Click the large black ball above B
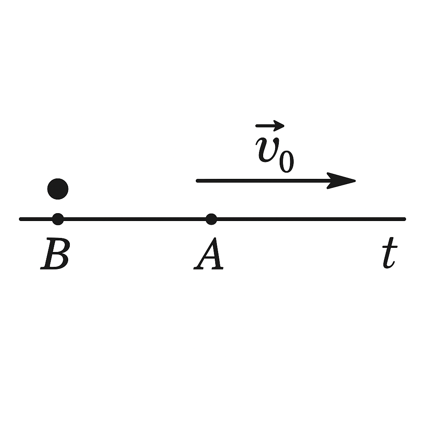[58, 189]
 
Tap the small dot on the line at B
[58, 219]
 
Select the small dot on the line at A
[211, 219]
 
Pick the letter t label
[390, 255]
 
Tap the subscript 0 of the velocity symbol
[286, 161]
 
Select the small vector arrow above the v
[270, 125]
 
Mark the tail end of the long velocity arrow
[198, 181]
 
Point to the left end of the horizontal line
[21, 219]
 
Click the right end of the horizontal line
[404, 219]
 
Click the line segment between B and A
[134, 219]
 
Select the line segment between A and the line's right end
[308, 219]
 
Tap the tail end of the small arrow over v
[257, 125]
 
